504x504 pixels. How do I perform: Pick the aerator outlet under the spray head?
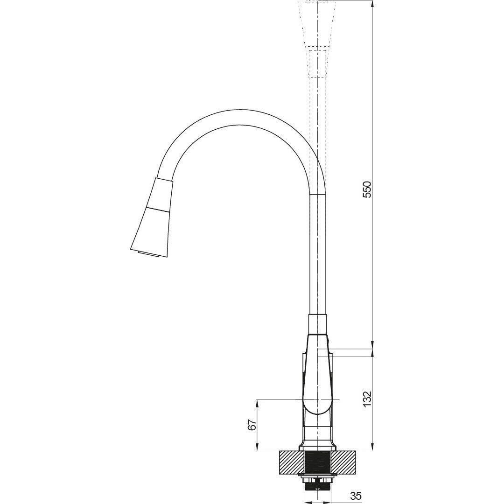(x=148, y=255)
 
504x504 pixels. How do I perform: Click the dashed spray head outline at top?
(x=318, y=39)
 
